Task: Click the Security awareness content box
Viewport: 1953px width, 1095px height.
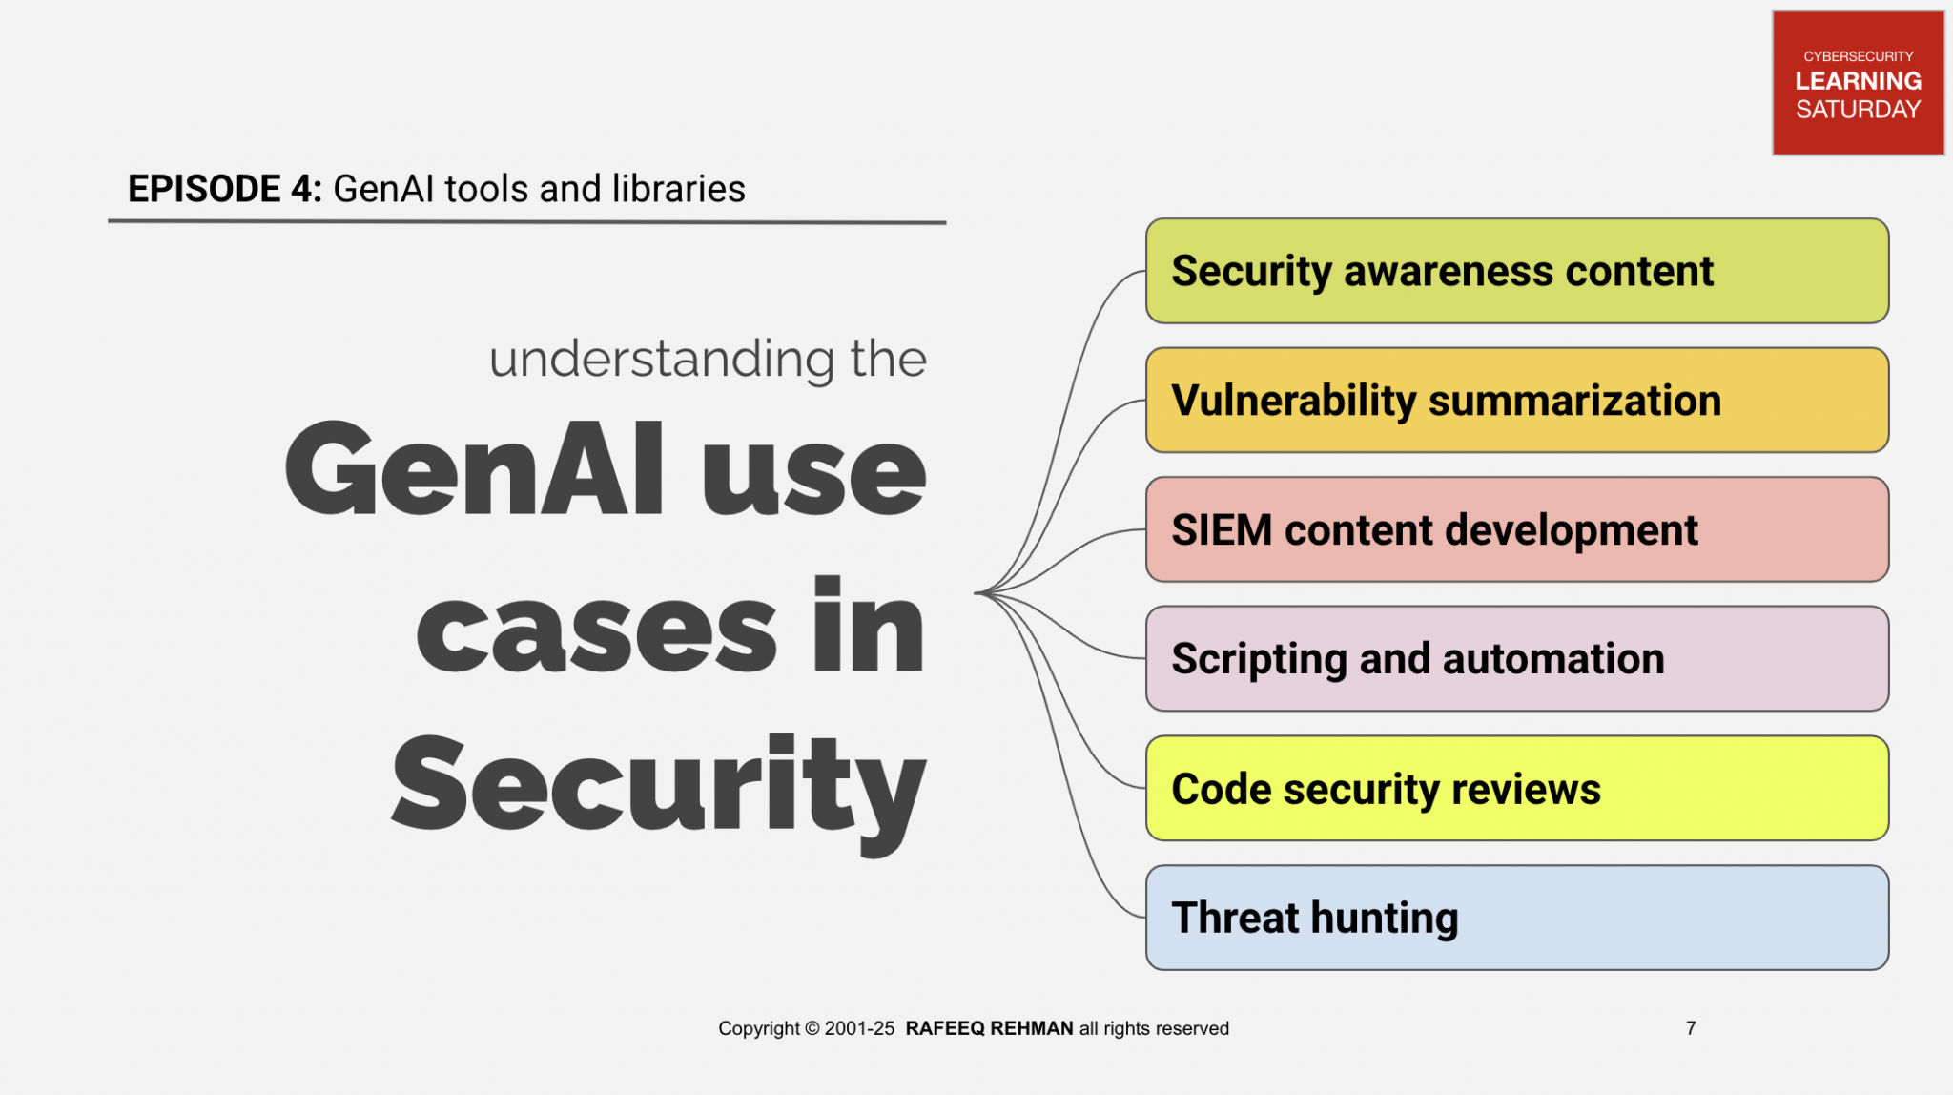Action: coord(1516,271)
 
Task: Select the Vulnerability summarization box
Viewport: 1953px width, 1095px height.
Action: coord(1516,401)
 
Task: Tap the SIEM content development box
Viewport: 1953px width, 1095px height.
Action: coord(1516,529)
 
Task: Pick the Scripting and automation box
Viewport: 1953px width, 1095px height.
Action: coord(1516,659)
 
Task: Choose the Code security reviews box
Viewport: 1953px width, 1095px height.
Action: coord(1516,789)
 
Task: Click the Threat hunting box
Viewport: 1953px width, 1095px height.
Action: coord(1516,918)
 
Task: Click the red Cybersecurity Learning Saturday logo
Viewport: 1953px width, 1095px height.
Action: coord(1857,83)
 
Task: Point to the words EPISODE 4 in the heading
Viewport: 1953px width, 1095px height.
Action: coord(224,189)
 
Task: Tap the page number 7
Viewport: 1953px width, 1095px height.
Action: coord(1690,1028)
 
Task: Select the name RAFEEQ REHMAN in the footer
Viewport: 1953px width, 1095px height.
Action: coord(989,1028)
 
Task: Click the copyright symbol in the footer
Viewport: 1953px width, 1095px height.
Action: coord(812,1028)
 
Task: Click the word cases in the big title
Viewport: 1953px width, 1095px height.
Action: coord(596,630)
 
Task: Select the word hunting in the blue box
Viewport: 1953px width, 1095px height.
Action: coord(1384,919)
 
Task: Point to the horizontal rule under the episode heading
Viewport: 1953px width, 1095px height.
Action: coord(526,222)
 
